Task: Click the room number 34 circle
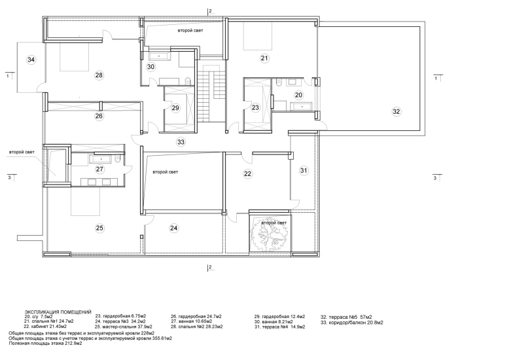pyautogui.click(x=31, y=60)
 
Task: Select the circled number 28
pyautogui.click(x=99, y=75)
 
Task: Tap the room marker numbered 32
pyautogui.click(x=396, y=112)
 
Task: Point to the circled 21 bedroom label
pyautogui.click(x=264, y=58)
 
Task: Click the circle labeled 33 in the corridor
pyautogui.click(x=181, y=142)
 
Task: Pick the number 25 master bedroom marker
pyautogui.click(x=99, y=228)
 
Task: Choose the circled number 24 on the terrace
pyautogui.click(x=173, y=228)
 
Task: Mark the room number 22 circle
pyautogui.click(x=248, y=174)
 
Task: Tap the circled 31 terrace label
pyautogui.click(x=304, y=171)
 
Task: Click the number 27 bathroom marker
pyautogui.click(x=99, y=170)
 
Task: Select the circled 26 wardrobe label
pyautogui.click(x=99, y=116)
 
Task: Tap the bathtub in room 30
pyautogui.click(x=159, y=56)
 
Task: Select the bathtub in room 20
pyautogui.click(x=301, y=106)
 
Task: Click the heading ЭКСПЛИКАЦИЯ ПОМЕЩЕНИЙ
pyautogui.click(x=58, y=312)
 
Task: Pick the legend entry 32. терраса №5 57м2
pyautogui.click(x=346, y=317)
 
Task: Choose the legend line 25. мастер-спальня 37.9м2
pyautogui.click(x=124, y=327)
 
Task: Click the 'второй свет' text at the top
pyautogui.click(x=190, y=31)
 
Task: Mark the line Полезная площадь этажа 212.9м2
pyautogui.click(x=45, y=343)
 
